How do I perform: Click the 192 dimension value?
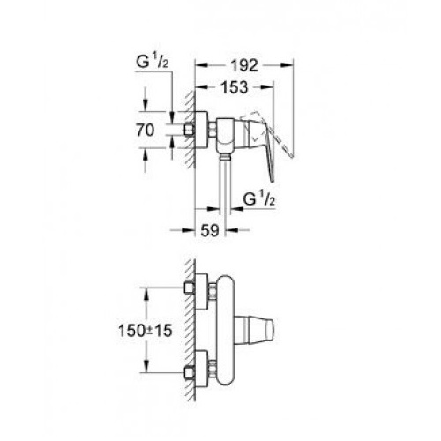click(244, 65)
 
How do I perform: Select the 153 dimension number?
click(235, 87)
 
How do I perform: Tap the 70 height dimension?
click(145, 130)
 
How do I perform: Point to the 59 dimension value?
click(210, 230)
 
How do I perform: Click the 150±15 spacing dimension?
click(145, 331)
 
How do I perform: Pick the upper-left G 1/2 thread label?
click(153, 62)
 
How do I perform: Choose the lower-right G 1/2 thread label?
click(259, 199)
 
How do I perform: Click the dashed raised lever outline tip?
click(291, 155)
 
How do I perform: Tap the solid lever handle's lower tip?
click(273, 180)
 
